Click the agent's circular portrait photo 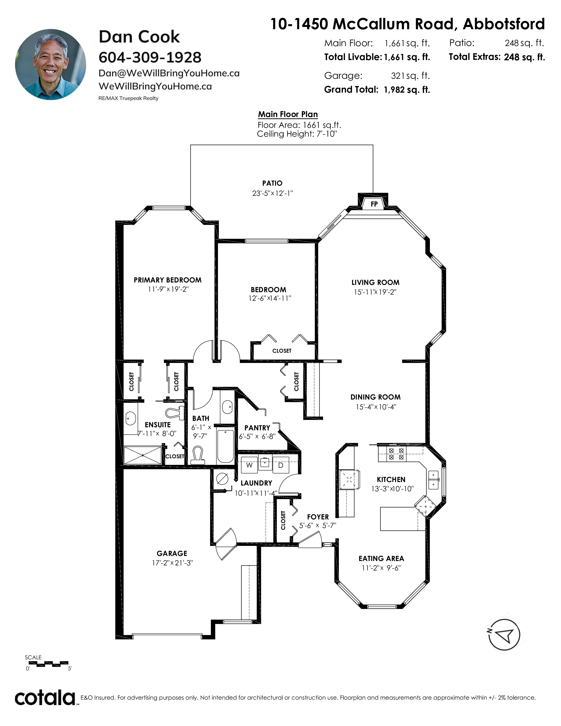click(51, 64)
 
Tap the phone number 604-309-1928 click(150, 57)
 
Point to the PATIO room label click(272, 183)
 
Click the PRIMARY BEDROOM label click(167, 280)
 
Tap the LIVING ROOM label click(376, 282)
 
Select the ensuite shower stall click(143, 455)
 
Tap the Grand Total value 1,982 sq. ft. click(407, 90)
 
